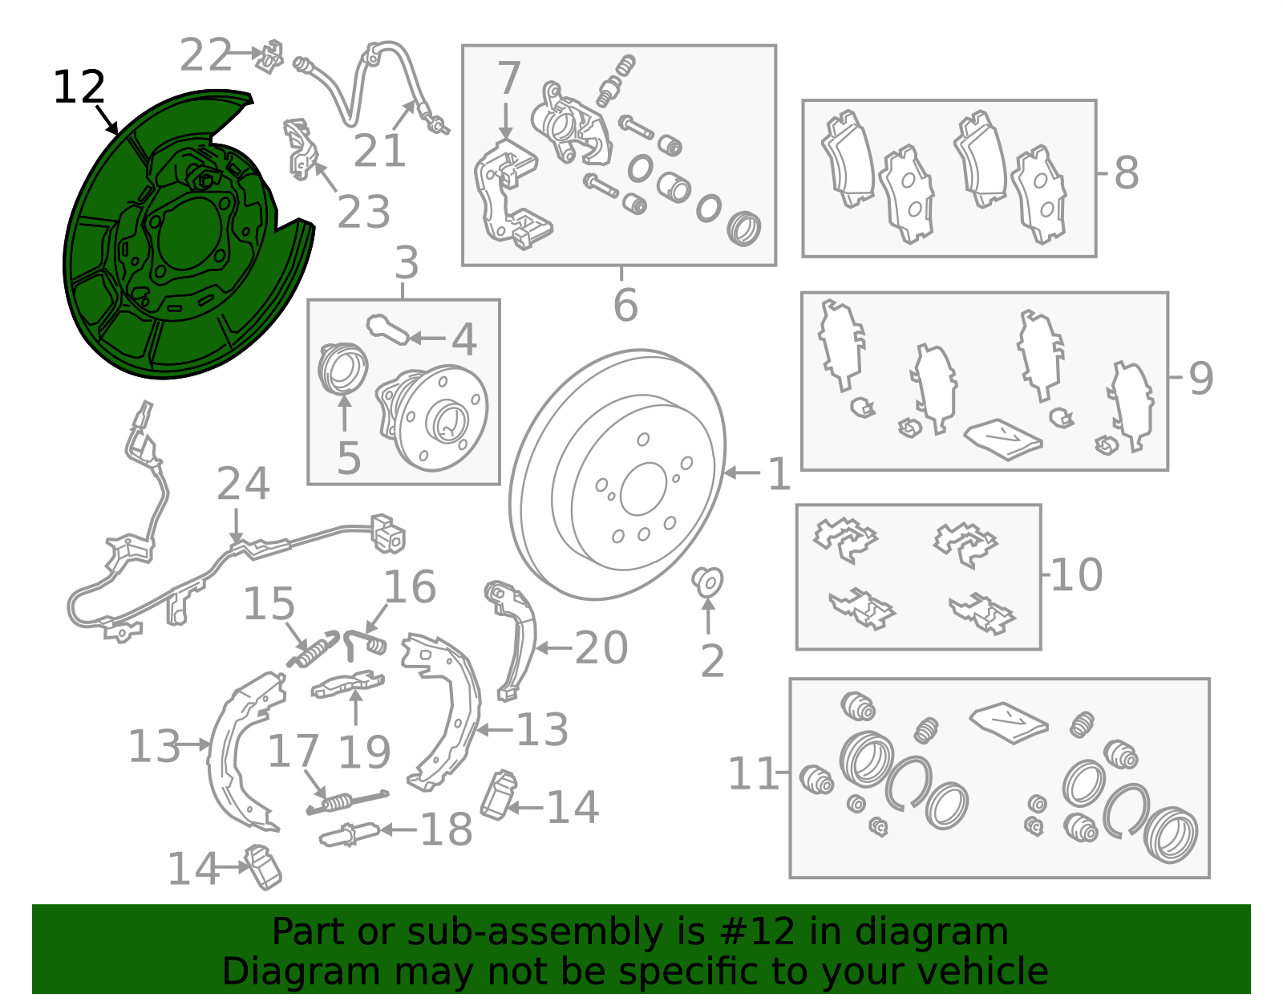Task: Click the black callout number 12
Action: [79, 87]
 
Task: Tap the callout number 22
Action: [204, 55]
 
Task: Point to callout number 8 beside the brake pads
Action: [1126, 173]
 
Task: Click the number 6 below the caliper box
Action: [625, 305]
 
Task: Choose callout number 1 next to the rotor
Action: [779, 473]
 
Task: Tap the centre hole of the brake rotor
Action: [643, 489]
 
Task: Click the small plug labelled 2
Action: [707, 582]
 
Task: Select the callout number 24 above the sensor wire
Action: [243, 484]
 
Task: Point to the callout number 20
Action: [601, 647]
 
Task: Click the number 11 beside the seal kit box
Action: [753, 773]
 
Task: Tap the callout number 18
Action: [447, 829]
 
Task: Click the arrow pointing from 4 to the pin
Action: [427, 339]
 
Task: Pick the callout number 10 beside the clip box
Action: [1076, 574]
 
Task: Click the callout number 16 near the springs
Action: [410, 586]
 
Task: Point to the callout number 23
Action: [364, 211]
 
